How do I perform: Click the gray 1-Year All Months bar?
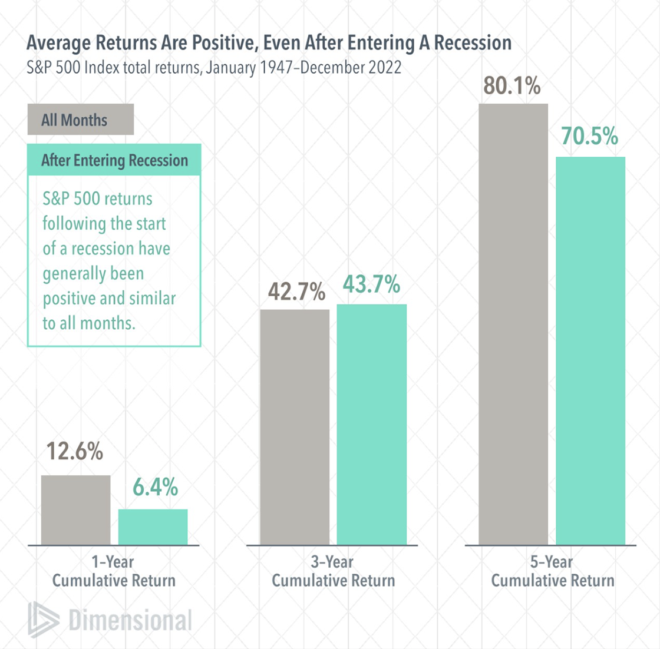[75, 509]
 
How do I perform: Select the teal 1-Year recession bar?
[153, 527]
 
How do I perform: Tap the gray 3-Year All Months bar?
[295, 427]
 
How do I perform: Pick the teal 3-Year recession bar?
[371, 424]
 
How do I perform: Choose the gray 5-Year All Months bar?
[513, 324]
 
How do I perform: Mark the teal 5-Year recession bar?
[590, 350]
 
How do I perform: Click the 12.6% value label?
[75, 452]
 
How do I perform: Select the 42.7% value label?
[296, 292]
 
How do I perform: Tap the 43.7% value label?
[371, 285]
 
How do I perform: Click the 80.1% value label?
[511, 86]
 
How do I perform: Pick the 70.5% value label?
[589, 137]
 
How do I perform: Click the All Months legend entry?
[80, 120]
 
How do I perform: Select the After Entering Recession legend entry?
[114, 160]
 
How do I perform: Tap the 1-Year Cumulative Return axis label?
[114, 571]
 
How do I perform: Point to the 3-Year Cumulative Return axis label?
[333, 571]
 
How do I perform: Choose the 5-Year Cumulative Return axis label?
[552, 571]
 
